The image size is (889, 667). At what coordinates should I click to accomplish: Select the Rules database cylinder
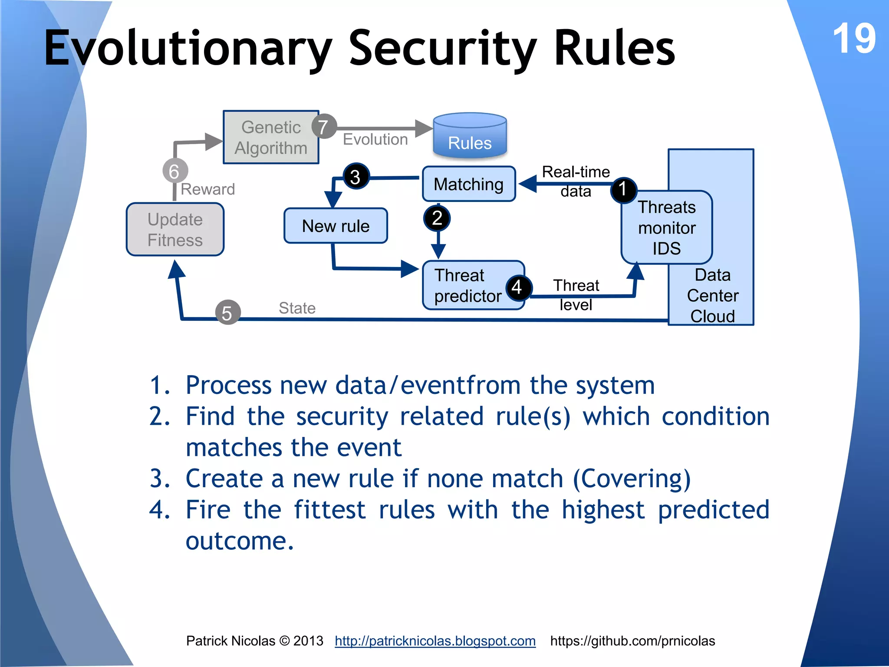click(x=470, y=136)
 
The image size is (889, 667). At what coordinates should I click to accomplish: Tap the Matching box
click(x=468, y=184)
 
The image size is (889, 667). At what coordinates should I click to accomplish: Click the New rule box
click(x=336, y=226)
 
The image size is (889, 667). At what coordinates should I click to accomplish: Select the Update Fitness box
click(x=175, y=230)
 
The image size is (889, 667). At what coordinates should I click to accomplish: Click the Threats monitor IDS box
click(x=666, y=228)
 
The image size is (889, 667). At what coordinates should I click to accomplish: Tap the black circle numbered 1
click(x=623, y=190)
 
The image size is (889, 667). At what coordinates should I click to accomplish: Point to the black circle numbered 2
click(x=437, y=218)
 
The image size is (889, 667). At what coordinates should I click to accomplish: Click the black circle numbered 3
click(x=356, y=177)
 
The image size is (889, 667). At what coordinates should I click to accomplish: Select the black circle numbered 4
click(x=517, y=287)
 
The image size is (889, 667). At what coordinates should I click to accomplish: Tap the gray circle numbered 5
click(x=227, y=313)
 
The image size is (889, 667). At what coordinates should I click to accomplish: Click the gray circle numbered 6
click(x=175, y=171)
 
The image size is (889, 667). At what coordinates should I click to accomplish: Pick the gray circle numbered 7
click(x=323, y=127)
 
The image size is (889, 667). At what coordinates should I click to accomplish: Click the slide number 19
click(x=853, y=39)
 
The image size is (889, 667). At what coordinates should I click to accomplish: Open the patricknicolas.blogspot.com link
click(x=435, y=641)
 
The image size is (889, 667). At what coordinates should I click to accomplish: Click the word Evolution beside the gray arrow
click(x=375, y=139)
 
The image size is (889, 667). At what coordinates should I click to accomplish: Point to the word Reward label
click(x=207, y=189)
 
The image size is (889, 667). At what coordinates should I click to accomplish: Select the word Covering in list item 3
click(x=632, y=479)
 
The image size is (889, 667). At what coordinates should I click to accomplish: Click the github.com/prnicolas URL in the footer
click(x=632, y=641)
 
